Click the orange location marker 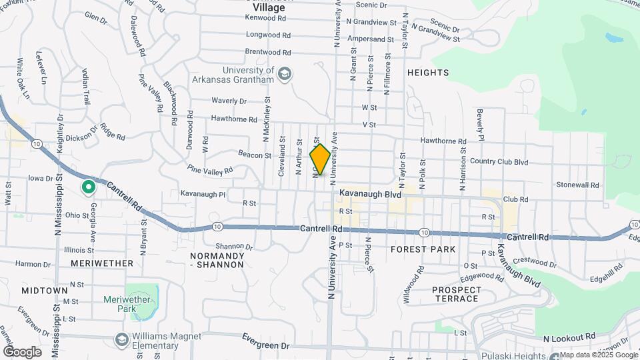(320, 159)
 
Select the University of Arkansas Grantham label (239, 75)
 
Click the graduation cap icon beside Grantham (285, 73)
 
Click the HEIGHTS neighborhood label (428, 72)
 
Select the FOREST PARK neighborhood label (423, 249)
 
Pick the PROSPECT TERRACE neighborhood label (457, 294)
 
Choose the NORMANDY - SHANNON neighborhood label (217, 260)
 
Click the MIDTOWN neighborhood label (44, 291)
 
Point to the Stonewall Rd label (578, 184)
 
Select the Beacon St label (255, 155)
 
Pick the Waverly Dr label (229, 101)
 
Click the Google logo (22, 352)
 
